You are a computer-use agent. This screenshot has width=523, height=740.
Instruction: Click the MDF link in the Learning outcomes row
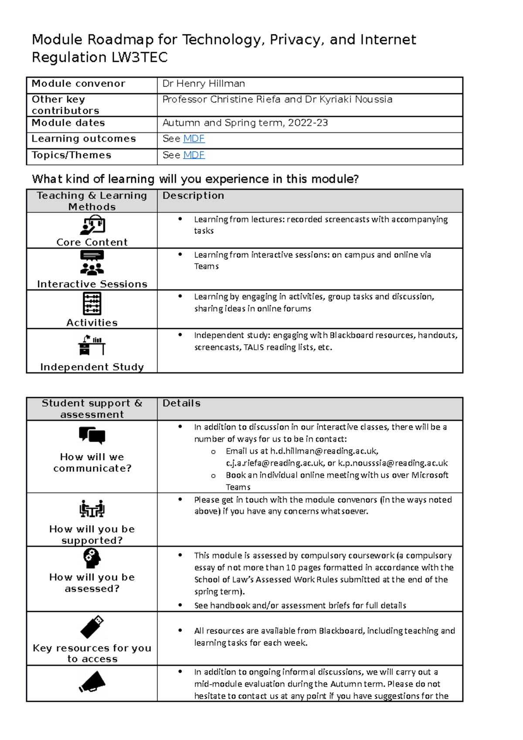194,139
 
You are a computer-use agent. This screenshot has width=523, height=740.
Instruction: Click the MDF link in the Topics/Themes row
194,155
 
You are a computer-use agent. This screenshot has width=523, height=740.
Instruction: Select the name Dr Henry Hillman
204,84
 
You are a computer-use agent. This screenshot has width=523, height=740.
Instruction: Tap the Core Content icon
92,225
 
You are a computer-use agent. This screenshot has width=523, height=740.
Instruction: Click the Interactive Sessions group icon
92,263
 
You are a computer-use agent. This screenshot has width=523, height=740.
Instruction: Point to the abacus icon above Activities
92,303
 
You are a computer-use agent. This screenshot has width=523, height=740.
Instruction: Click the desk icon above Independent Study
92,345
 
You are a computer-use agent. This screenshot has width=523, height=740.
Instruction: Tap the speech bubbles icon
92,435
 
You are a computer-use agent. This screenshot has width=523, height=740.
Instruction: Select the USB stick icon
92,627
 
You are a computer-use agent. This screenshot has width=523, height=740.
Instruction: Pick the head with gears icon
92,558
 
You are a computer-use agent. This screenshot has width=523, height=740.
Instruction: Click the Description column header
193,196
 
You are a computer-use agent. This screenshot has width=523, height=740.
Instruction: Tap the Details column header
181,404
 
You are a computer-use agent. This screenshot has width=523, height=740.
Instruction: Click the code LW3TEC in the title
139,58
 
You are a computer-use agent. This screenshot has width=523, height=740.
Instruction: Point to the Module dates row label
68,123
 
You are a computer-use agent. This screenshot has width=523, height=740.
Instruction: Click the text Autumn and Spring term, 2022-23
245,123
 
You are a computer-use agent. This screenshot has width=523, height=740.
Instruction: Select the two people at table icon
92,509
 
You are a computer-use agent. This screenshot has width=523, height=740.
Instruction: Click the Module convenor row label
78,84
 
